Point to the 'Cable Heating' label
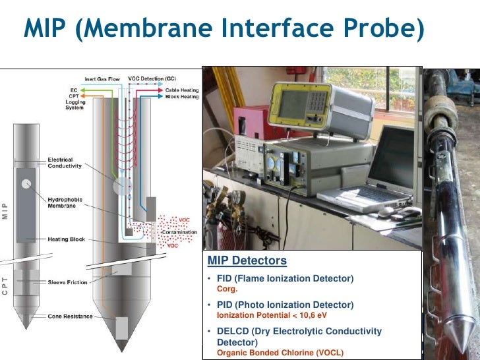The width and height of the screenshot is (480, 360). click(x=181, y=90)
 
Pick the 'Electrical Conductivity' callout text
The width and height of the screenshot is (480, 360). click(x=64, y=163)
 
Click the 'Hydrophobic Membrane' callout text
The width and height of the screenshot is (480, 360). click(x=65, y=202)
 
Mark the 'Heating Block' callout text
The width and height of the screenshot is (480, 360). click(x=67, y=239)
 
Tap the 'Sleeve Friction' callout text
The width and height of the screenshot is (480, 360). click(x=67, y=282)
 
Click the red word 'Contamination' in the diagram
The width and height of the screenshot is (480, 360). click(x=178, y=233)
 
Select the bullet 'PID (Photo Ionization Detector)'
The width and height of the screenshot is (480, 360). click(x=285, y=305)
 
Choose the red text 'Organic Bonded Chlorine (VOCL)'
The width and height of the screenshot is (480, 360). click(x=280, y=353)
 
